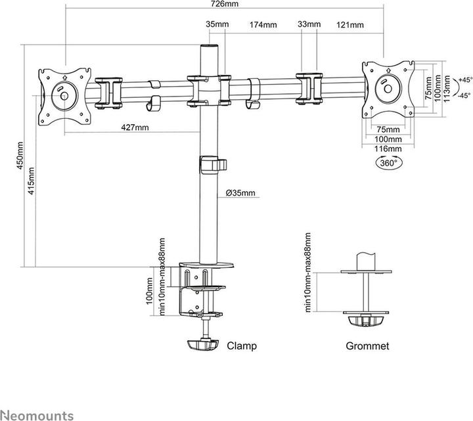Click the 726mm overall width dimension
[x=225, y=4]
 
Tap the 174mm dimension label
[x=263, y=24]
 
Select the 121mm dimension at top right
[x=350, y=24]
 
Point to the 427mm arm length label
[x=135, y=127]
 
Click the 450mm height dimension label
[x=20, y=156]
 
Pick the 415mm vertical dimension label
[x=31, y=181]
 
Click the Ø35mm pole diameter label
[x=240, y=192]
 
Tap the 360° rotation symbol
[x=389, y=163]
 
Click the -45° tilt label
[x=464, y=95]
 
